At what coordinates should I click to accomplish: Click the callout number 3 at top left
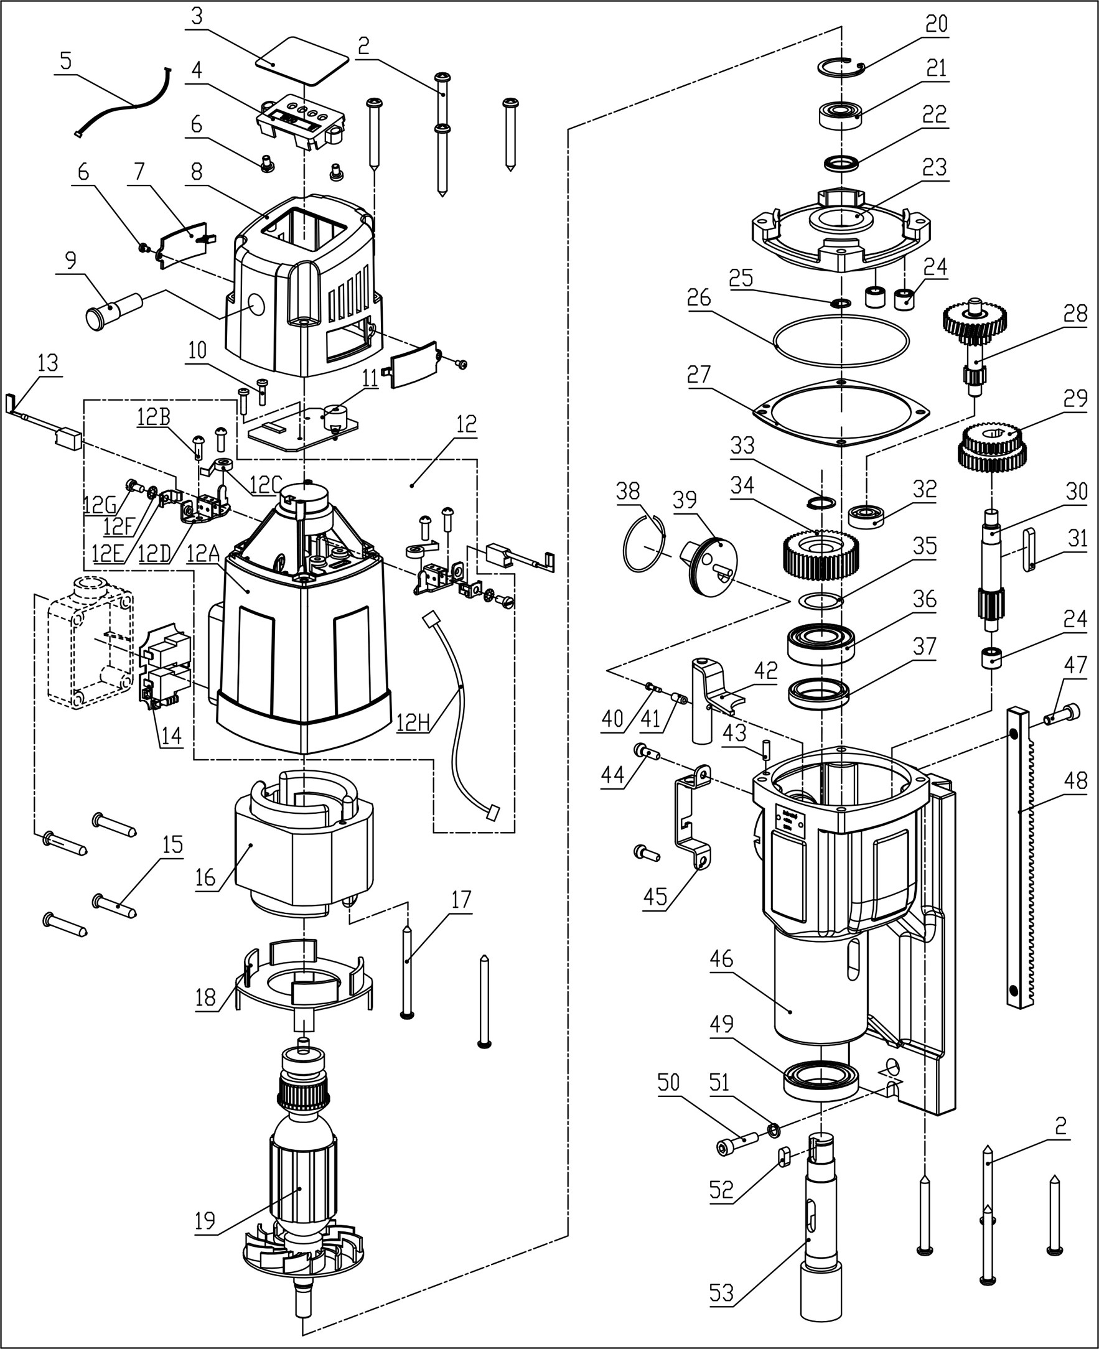pyautogui.click(x=197, y=16)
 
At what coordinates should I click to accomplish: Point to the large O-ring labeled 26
pyautogui.click(x=841, y=340)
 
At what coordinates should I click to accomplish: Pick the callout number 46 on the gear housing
pyautogui.click(x=721, y=958)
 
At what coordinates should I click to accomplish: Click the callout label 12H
pyautogui.click(x=413, y=722)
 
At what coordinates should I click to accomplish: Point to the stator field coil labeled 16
pyautogui.click(x=304, y=842)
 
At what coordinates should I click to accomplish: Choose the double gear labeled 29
pyautogui.click(x=991, y=447)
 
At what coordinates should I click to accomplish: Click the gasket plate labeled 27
pyautogui.click(x=841, y=412)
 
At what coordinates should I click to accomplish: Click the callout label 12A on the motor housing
pyautogui.click(x=202, y=554)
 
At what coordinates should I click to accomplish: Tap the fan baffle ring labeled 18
pyautogui.click(x=304, y=981)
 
